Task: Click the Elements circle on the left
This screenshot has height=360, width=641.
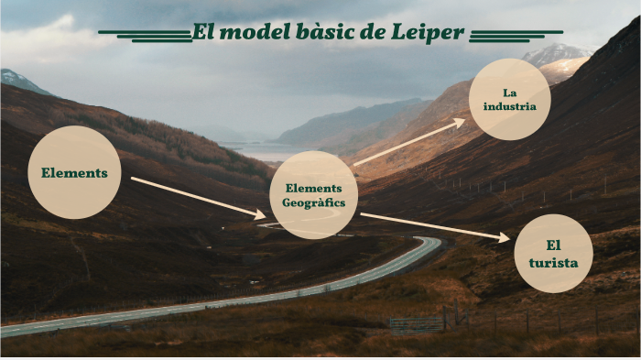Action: [x=74, y=173]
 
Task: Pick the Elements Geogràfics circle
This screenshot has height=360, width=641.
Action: [x=314, y=195]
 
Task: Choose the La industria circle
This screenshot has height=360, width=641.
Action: [x=509, y=99]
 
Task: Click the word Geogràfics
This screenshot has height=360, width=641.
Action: [x=314, y=202]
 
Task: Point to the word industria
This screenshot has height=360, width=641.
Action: [x=510, y=107]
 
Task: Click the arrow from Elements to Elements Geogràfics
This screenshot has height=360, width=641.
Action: [x=198, y=197]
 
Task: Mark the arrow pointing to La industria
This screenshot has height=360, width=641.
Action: [x=408, y=143]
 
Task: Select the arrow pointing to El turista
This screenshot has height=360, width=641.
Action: [x=435, y=226]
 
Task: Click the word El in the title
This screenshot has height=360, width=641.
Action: [x=203, y=34]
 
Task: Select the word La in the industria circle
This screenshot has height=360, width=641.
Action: [x=510, y=92]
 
